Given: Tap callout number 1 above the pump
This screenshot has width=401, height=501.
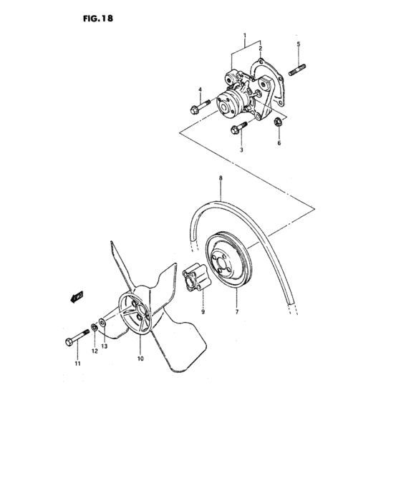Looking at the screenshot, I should (244, 35).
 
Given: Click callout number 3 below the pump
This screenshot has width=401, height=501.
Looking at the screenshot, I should (241, 150).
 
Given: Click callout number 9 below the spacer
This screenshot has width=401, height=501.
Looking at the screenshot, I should (203, 311).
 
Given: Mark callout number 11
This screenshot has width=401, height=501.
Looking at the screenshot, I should (77, 364).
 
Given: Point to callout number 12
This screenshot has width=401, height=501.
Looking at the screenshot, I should (94, 351).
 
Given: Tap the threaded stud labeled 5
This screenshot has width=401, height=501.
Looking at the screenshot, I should (299, 70).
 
